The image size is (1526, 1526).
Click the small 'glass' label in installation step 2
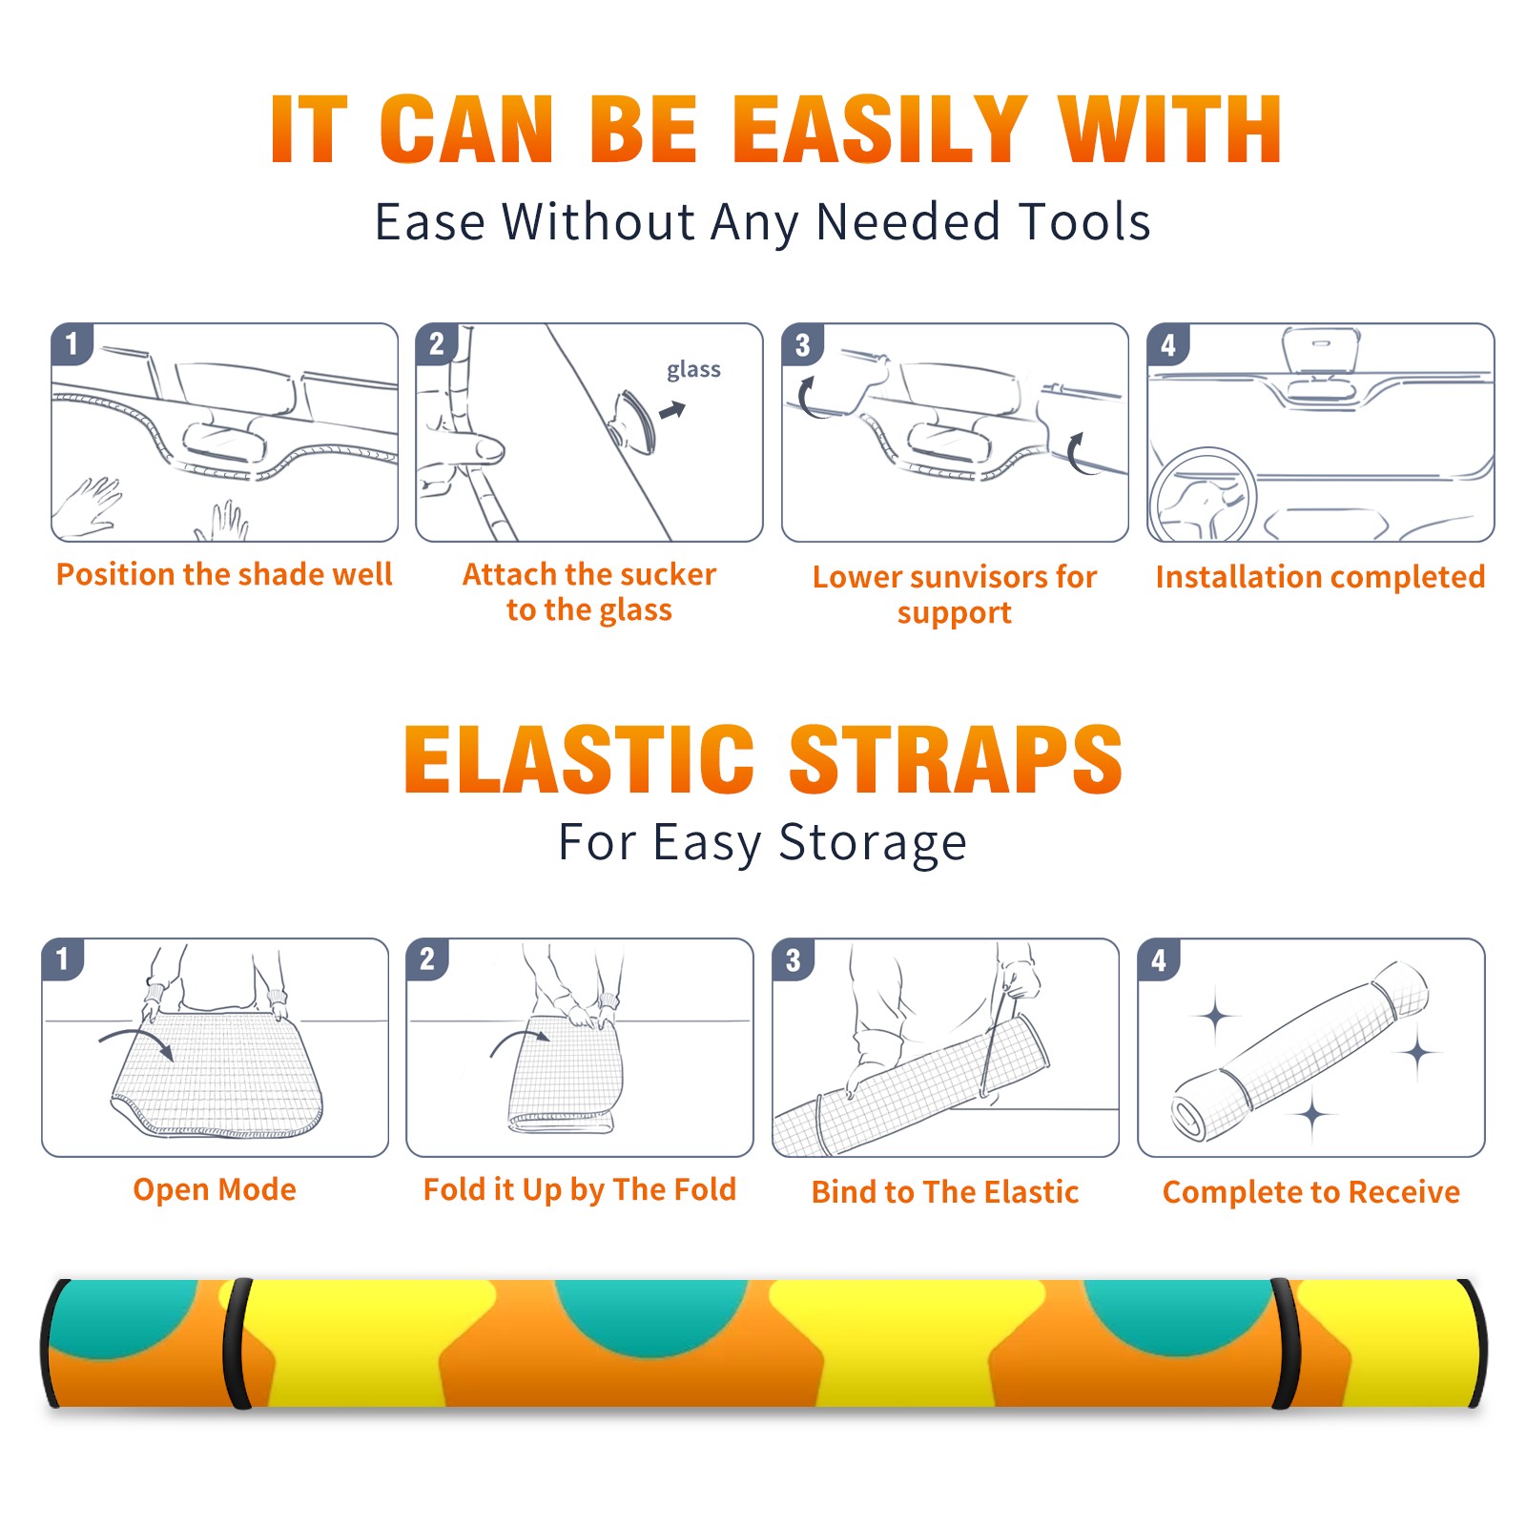tap(693, 370)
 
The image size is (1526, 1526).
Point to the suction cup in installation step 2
tap(634, 421)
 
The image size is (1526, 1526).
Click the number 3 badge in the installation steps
tap(803, 344)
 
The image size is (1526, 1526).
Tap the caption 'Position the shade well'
tap(224, 574)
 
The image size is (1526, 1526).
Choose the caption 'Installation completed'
tap(1320, 577)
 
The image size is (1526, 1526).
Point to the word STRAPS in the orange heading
tap(956, 759)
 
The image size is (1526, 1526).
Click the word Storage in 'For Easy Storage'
tap(873, 843)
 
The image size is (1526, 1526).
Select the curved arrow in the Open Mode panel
tap(136, 1041)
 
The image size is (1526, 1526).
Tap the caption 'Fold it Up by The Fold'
tap(580, 1190)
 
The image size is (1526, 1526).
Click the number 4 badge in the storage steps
tap(1159, 959)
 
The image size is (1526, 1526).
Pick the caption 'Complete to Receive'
tap(1311, 1192)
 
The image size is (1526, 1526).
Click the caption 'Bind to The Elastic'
tap(945, 1192)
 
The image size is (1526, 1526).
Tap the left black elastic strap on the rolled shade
tap(237, 1344)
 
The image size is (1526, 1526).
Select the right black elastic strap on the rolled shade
tap(1285, 1344)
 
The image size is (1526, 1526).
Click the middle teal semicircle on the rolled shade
tap(651, 1311)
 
